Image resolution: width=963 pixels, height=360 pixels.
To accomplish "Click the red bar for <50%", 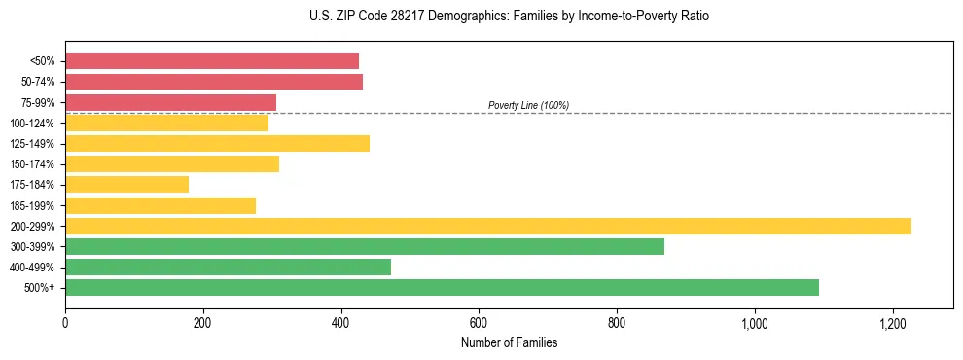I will point(212,60).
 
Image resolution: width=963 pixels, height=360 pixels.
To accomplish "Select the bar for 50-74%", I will point(214,82).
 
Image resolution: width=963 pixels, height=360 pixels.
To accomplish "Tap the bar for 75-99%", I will point(170,102).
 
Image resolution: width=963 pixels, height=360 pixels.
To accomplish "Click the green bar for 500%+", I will point(442,287).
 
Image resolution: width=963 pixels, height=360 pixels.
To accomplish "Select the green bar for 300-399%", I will point(365,246).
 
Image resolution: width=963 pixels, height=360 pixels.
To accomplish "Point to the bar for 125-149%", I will point(217,144).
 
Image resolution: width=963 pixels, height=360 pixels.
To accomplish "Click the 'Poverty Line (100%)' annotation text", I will point(528,105).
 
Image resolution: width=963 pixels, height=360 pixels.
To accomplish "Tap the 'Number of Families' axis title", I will point(509,342).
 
